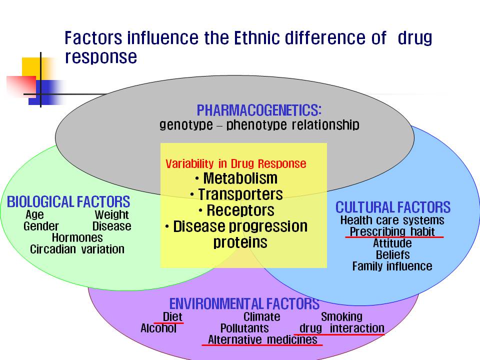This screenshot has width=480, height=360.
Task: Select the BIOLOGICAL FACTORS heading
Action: point(68,202)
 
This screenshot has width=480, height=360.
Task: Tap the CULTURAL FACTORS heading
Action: point(393,207)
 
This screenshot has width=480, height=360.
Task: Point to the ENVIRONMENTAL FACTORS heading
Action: point(244,303)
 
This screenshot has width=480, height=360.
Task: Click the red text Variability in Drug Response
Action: point(235,164)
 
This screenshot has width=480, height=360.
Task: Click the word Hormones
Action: point(77,237)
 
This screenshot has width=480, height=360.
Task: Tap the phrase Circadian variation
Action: point(77,249)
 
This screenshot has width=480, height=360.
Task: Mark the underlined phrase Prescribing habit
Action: point(392,231)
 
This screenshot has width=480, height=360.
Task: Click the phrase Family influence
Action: point(392,266)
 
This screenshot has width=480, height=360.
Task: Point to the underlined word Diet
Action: point(172,316)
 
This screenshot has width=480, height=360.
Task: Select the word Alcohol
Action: point(158,328)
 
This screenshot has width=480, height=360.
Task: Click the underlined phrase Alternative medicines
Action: point(262,340)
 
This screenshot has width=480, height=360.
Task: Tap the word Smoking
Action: point(341,316)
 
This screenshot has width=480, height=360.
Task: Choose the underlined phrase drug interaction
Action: point(341,328)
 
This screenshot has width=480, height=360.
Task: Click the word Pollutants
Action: point(244,328)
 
